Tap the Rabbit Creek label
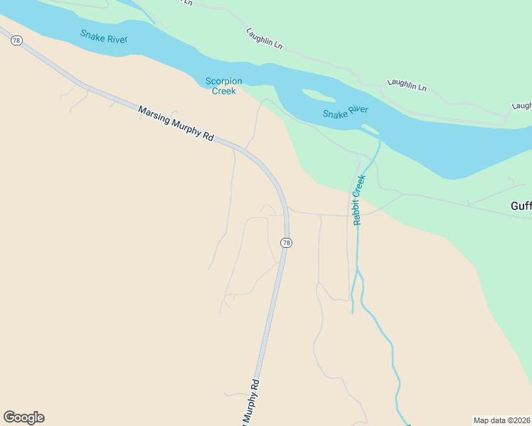(x=359, y=200)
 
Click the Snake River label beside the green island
(x=345, y=111)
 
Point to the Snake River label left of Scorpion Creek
(x=104, y=35)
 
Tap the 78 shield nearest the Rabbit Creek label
(x=286, y=243)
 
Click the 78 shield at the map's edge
(x=16, y=40)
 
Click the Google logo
(x=23, y=417)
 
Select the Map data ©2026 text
(x=502, y=420)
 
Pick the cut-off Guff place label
(x=521, y=206)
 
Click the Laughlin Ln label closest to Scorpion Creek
(x=264, y=38)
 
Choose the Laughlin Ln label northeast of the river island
(x=407, y=85)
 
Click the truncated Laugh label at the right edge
(x=521, y=106)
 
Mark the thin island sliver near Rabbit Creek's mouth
(x=369, y=129)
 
